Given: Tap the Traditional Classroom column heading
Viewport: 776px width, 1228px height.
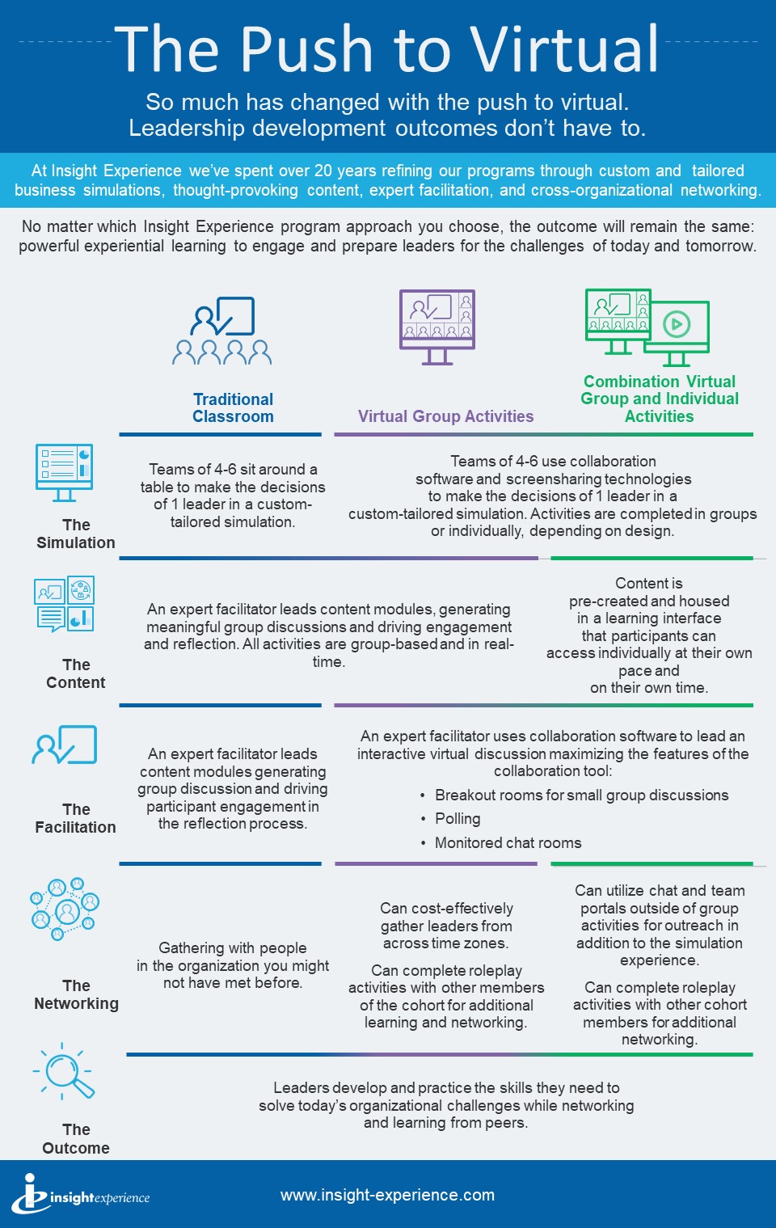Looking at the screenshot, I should tap(233, 407).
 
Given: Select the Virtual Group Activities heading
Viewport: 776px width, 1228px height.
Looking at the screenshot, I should tap(445, 416).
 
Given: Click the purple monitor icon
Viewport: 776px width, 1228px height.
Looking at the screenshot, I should tap(437, 325).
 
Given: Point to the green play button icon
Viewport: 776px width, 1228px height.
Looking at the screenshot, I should tap(677, 324).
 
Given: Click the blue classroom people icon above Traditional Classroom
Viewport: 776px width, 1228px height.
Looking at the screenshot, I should tap(222, 331).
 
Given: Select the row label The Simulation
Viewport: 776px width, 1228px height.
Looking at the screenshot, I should tap(76, 534).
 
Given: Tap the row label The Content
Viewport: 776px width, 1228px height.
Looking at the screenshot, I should tap(76, 673).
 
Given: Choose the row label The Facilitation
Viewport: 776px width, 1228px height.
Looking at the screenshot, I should tap(76, 818).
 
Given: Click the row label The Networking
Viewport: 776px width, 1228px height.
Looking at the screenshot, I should tap(76, 994).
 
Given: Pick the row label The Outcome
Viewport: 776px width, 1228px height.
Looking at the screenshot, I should tap(76, 1138).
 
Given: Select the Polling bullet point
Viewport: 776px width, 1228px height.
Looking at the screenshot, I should tap(458, 819).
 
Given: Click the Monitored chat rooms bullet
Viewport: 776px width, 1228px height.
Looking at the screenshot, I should tap(508, 842).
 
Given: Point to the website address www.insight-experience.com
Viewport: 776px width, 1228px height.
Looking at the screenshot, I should tap(387, 1195).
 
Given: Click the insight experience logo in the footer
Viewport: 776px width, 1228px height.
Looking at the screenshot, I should tap(81, 1194).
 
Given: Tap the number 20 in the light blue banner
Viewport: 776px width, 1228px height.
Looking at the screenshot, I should tap(323, 171).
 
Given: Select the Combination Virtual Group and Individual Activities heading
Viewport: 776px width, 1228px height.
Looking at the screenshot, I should tap(660, 399).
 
